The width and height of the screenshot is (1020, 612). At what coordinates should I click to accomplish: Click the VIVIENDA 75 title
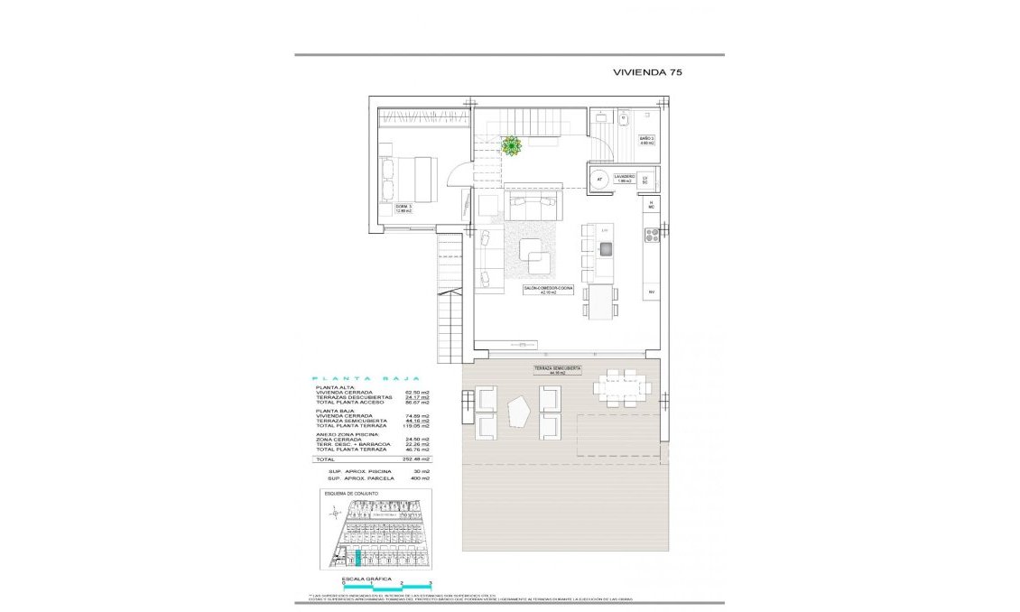click(647, 73)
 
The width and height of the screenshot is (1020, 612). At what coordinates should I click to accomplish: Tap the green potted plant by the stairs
click(511, 145)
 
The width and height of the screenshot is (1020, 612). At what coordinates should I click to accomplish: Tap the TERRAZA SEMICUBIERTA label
click(556, 370)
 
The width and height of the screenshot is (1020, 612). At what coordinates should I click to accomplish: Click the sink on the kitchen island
click(606, 248)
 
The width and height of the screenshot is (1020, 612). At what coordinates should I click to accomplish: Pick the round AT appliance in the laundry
click(598, 179)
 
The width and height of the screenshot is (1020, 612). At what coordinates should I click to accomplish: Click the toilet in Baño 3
click(624, 118)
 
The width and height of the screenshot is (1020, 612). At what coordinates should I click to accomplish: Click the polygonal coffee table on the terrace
click(518, 412)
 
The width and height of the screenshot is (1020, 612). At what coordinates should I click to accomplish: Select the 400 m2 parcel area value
click(420, 478)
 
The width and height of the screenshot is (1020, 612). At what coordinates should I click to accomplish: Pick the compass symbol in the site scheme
click(336, 514)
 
